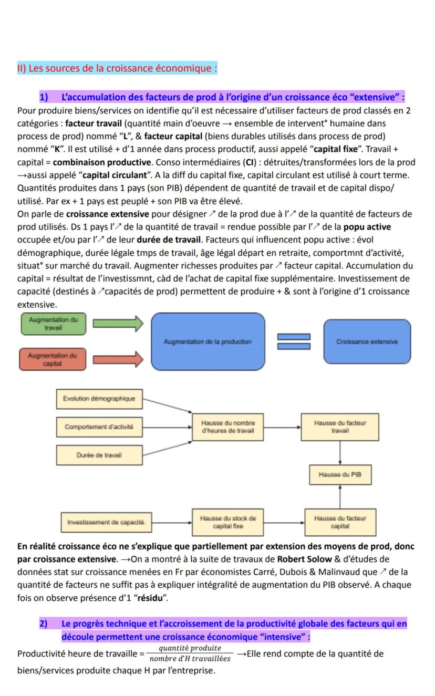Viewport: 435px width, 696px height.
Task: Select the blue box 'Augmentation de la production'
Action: (x=208, y=341)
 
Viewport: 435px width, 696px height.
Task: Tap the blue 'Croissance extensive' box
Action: (x=367, y=341)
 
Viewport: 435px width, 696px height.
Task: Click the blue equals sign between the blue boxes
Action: (x=294, y=341)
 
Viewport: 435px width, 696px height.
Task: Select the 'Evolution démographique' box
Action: (x=99, y=398)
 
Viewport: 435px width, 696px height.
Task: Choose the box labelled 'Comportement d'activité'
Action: (x=99, y=427)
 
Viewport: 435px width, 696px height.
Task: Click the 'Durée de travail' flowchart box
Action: (x=99, y=455)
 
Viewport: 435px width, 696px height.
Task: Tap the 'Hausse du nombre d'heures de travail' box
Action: (x=227, y=427)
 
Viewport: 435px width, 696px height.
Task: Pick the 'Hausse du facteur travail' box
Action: (x=340, y=427)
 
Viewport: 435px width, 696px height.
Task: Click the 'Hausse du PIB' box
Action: (x=340, y=475)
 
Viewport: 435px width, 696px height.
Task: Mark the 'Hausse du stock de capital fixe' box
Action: (x=227, y=522)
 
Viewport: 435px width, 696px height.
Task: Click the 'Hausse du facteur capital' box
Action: (x=340, y=522)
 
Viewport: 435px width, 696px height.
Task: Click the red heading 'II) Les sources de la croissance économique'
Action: (x=117, y=68)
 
